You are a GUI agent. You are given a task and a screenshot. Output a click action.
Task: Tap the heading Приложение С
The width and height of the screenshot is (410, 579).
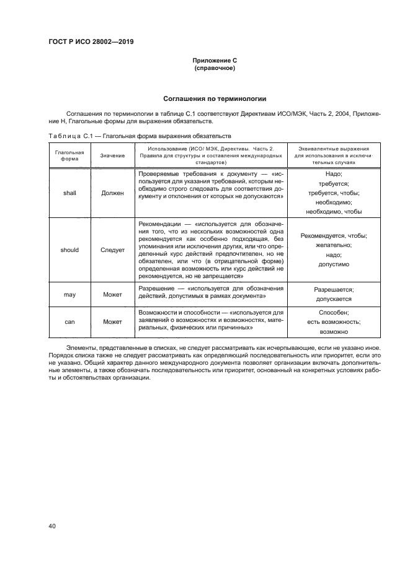[x=215, y=60]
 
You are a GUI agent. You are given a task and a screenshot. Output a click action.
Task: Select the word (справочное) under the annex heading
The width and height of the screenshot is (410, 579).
[x=215, y=67]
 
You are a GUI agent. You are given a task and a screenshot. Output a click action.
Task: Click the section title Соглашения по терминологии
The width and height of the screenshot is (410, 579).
[x=215, y=98]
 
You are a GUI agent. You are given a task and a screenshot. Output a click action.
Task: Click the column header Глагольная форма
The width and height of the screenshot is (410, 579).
[x=69, y=154]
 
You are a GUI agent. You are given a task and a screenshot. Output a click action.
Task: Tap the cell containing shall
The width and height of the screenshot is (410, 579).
[x=69, y=193]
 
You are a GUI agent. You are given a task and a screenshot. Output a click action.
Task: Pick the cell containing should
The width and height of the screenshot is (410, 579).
[x=69, y=250]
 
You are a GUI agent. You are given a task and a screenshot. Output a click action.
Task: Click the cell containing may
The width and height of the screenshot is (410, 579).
[x=69, y=294]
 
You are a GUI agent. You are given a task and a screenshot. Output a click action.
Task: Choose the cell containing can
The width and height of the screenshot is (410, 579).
[x=69, y=322]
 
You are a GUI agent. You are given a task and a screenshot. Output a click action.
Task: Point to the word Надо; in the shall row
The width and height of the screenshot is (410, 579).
[x=334, y=174]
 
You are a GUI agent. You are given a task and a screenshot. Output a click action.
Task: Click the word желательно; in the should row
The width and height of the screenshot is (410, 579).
[x=334, y=245]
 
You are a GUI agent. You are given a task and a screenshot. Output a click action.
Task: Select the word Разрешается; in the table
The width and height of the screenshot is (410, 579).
[x=334, y=289]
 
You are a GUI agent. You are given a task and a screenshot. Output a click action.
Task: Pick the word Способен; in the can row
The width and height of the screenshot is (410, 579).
[x=334, y=313]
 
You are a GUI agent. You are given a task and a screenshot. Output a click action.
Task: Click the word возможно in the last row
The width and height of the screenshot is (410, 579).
[x=334, y=332]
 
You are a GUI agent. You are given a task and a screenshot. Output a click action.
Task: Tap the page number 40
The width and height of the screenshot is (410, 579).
[x=52, y=526]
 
